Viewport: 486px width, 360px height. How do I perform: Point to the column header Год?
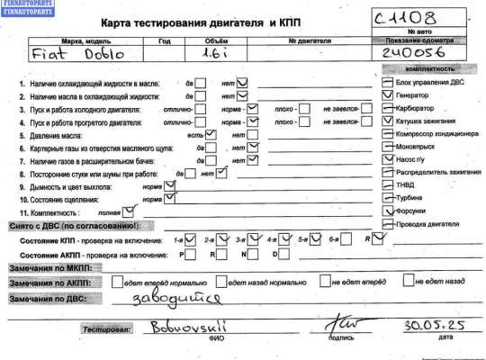pos(163,40)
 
